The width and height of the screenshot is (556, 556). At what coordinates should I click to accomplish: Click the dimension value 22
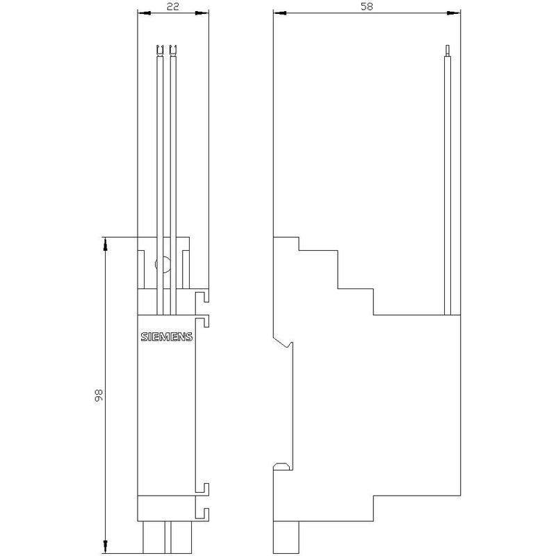click(x=172, y=6)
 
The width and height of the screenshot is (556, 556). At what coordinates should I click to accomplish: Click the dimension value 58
click(x=367, y=6)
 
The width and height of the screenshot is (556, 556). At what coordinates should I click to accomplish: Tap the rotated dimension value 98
click(x=98, y=395)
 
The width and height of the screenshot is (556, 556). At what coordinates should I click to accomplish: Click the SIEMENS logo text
click(x=166, y=336)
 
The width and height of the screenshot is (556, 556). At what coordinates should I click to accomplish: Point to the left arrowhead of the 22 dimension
click(x=144, y=13)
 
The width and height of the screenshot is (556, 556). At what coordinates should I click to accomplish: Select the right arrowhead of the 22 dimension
click(x=202, y=13)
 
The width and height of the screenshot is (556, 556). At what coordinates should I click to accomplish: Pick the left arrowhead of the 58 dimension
click(x=280, y=13)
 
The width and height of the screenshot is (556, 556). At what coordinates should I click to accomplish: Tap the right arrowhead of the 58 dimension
click(x=454, y=13)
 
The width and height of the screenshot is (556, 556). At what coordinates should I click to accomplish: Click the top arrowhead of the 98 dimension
click(x=106, y=244)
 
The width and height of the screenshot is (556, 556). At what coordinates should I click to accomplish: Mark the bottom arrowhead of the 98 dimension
click(x=106, y=546)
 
